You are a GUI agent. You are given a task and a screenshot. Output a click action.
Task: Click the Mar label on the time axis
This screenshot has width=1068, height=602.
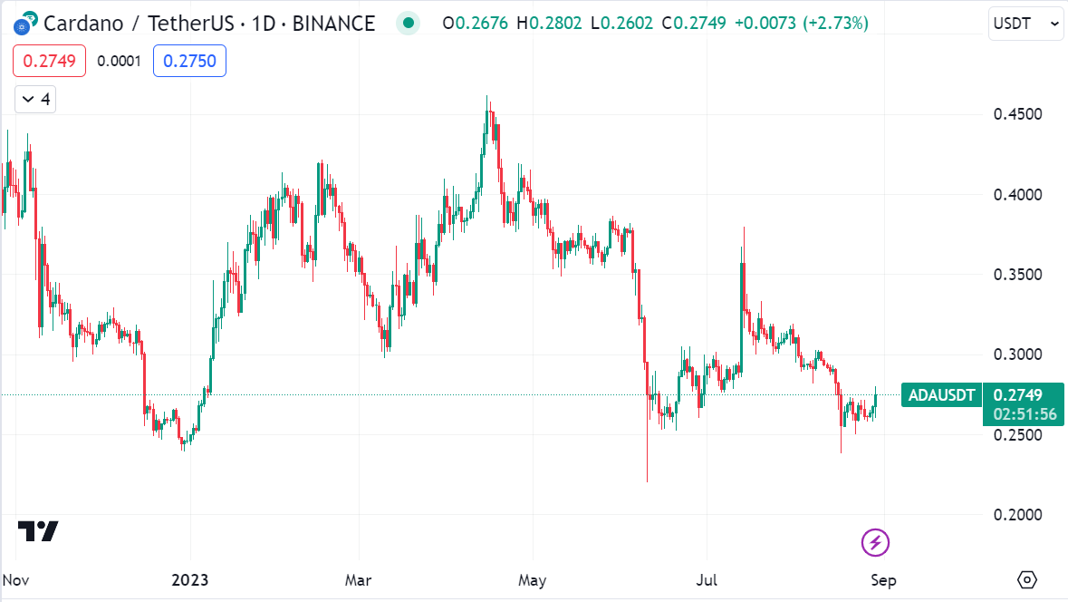pyautogui.click(x=358, y=579)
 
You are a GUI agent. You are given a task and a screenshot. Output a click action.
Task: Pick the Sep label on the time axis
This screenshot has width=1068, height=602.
pyautogui.click(x=882, y=579)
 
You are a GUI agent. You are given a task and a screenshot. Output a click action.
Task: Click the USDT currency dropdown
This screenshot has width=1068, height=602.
pyautogui.click(x=1025, y=24)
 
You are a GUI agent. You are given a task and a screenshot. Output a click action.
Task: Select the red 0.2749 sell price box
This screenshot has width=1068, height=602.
pyautogui.click(x=49, y=61)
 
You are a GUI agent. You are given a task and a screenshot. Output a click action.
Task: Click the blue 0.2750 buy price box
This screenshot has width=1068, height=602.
pyautogui.click(x=189, y=61)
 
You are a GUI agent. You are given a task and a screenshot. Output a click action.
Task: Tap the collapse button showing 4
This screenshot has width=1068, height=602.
pyautogui.click(x=35, y=99)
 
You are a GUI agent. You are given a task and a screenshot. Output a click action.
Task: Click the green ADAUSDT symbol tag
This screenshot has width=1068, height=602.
pyautogui.click(x=941, y=395)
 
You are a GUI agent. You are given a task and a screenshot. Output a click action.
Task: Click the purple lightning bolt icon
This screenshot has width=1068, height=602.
pyautogui.click(x=875, y=543)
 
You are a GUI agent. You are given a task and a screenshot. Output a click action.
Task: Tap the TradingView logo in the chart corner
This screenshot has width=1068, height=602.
pyautogui.click(x=38, y=531)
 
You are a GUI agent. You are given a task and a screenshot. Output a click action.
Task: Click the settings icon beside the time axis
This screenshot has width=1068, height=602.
pyautogui.click(x=1026, y=579)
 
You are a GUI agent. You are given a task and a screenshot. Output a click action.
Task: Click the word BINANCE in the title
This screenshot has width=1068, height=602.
pyautogui.click(x=333, y=23)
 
